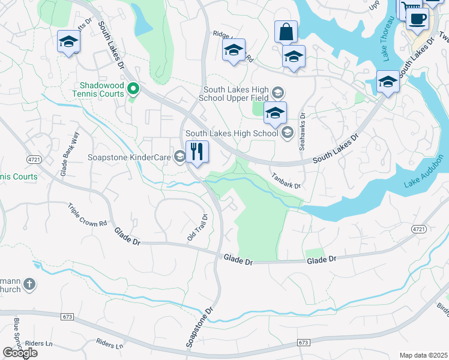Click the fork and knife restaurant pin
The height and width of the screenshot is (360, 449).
(x=197, y=152)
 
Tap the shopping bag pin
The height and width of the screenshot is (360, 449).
(x=286, y=32)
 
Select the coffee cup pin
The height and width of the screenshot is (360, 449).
(x=417, y=17)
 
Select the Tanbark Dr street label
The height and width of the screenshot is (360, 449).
(x=286, y=181)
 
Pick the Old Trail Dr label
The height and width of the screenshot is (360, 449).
(x=197, y=228)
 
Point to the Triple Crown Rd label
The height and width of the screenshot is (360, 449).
(x=88, y=214)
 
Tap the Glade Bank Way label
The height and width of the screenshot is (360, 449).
(x=68, y=154)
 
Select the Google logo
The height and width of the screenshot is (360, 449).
(x=20, y=353)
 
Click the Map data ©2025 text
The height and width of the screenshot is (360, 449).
(x=423, y=355)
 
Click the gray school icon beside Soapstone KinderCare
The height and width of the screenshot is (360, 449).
(x=179, y=157)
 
